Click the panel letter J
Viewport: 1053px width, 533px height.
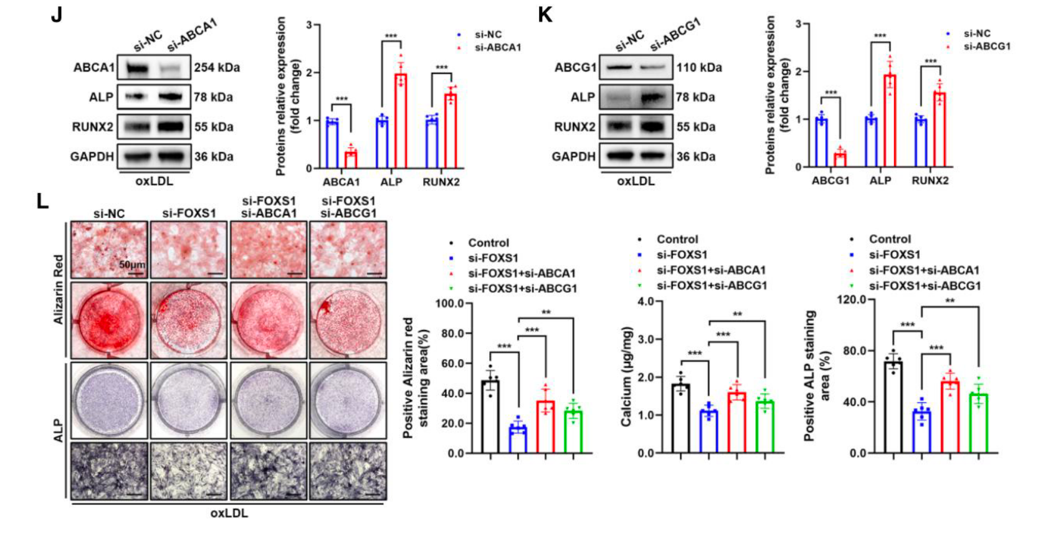click(57, 14)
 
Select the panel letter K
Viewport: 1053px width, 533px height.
click(545, 14)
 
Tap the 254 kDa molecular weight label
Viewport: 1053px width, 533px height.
click(217, 67)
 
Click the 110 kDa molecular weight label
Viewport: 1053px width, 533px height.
click(700, 67)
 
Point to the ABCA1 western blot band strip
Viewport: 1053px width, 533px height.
click(154, 67)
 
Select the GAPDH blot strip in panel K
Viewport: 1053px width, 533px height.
click(636, 156)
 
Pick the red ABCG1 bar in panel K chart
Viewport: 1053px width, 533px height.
click(841, 159)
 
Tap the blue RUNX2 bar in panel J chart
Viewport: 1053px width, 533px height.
click(432, 143)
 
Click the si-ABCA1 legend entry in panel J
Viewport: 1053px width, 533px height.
click(497, 47)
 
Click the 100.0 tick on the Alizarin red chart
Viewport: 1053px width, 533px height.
click(450, 304)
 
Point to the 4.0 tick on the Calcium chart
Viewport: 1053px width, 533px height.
click(646, 302)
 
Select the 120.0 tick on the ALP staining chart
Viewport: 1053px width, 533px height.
click(852, 300)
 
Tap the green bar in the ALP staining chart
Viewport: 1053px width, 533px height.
click(978, 423)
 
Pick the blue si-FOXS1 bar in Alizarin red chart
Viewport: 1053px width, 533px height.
click(518, 439)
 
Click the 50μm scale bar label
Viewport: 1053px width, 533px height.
click(131, 265)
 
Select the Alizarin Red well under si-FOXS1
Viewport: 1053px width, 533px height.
click(189, 321)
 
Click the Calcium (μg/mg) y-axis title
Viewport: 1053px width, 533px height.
click(626, 377)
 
